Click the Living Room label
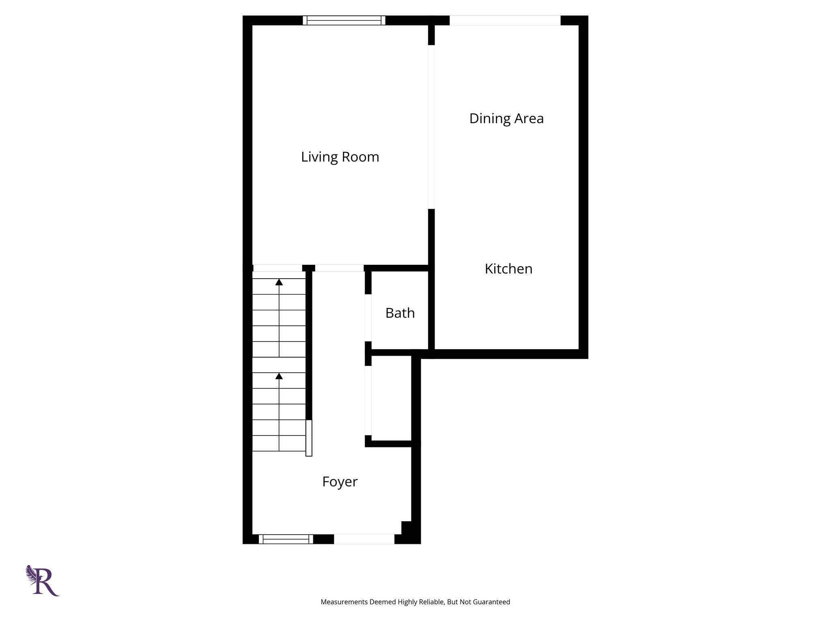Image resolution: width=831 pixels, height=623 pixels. pyautogui.click(x=340, y=157)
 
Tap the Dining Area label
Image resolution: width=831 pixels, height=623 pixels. pyautogui.click(x=506, y=118)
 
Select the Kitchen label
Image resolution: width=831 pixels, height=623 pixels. pyautogui.click(x=508, y=269)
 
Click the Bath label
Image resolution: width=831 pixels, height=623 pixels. pyautogui.click(x=400, y=313)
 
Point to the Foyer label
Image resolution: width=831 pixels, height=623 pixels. pyautogui.click(x=340, y=481)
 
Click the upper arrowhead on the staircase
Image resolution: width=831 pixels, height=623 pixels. pyautogui.click(x=279, y=282)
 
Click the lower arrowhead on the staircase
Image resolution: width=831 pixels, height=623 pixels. pyautogui.click(x=279, y=376)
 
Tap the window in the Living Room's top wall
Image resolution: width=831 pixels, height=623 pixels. pyautogui.click(x=344, y=20)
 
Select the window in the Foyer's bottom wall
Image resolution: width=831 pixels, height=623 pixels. pyautogui.click(x=286, y=539)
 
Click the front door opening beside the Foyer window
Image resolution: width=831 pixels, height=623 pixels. pyautogui.click(x=364, y=539)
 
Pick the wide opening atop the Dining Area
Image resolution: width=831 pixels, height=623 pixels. pyautogui.click(x=505, y=20)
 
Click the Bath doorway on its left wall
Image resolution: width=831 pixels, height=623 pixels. pyautogui.click(x=368, y=318)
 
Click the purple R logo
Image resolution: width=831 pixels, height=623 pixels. pyautogui.click(x=43, y=581)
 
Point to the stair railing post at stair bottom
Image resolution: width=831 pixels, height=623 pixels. pyautogui.click(x=309, y=438)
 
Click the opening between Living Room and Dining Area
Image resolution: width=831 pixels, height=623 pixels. pyautogui.click(x=431, y=127)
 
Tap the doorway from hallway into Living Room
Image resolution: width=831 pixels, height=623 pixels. pyautogui.click(x=339, y=268)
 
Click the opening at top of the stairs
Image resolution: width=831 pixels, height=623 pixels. pyautogui.click(x=278, y=268)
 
